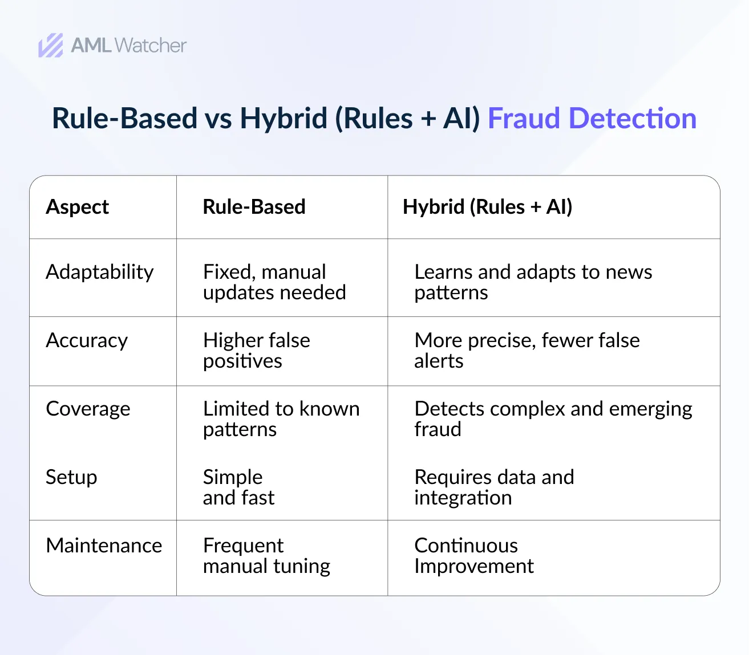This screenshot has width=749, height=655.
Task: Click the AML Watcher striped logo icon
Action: (51, 46)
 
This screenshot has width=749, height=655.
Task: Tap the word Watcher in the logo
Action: (150, 46)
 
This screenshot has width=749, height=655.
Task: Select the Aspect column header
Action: (77, 207)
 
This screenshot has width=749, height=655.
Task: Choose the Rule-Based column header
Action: (254, 206)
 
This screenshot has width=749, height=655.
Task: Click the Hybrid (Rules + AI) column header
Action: (487, 207)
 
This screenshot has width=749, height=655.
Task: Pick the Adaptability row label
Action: (100, 272)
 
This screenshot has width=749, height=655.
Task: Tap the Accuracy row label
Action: (87, 341)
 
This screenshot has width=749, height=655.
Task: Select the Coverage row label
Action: (88, 409)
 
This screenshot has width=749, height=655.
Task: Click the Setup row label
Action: (71, 477)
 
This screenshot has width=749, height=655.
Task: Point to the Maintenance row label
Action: (104, 546)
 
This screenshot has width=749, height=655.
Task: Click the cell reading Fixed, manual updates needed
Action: (274, 282)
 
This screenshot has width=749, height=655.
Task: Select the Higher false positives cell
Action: (257, 351)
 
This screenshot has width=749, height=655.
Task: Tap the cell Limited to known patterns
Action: (281, 419)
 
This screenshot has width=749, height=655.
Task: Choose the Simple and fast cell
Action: (238, 487)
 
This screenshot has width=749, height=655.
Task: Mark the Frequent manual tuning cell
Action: (266, 556)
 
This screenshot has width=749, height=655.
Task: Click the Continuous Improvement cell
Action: (474, 556)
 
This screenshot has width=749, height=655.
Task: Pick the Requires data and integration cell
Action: (494, 487)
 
